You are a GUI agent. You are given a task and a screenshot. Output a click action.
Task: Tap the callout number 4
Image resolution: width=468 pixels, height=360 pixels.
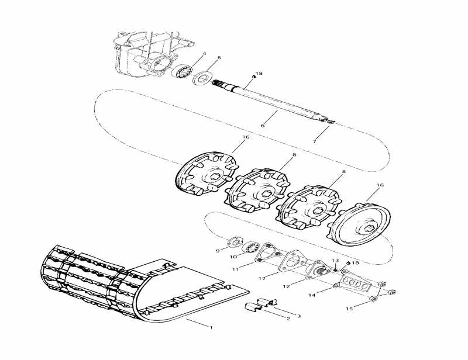click(x=204, y=54)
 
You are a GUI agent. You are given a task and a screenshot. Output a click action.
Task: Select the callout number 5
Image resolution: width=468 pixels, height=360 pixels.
click(x=219, y=58)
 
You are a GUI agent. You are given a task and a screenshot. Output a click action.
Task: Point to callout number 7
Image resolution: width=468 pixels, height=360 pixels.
click(x=314, y=142)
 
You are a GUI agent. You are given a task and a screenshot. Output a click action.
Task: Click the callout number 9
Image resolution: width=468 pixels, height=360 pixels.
click(x=218, y=251)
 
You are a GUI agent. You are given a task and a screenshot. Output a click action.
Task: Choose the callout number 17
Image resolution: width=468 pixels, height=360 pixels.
click(x=262, y=279)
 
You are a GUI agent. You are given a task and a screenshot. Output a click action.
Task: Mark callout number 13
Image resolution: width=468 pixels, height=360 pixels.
click(x=335, y=261)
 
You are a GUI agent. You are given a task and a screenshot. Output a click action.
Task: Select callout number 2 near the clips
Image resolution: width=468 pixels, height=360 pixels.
click(x=288, y=319)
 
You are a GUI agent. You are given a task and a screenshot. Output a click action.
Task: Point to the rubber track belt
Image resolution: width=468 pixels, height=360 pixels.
click(x=99, y=281)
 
